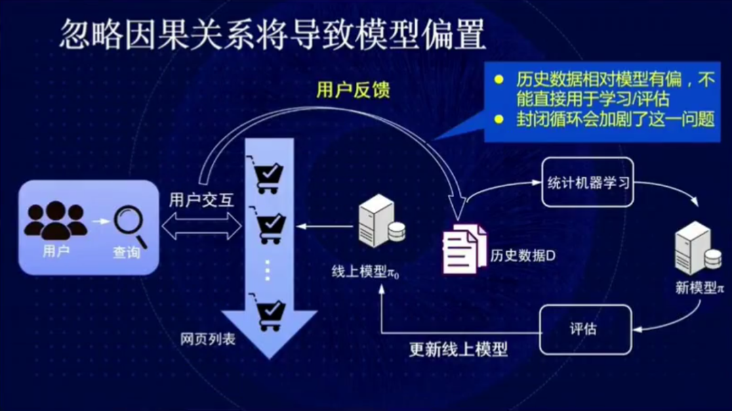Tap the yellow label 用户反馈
click(x=353, y=89)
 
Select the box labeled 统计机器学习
click(x=587, y=183)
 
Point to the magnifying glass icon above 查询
click(x=130, y=223)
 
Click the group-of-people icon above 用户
click(x=56, y=219)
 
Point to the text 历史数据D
click(x=523, y=256)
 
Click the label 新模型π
click(x=698, y=288)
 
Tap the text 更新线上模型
click(x=458, y=350)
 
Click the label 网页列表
click(x=208, y=339)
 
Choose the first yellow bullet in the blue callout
click(x=500, y=79)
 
